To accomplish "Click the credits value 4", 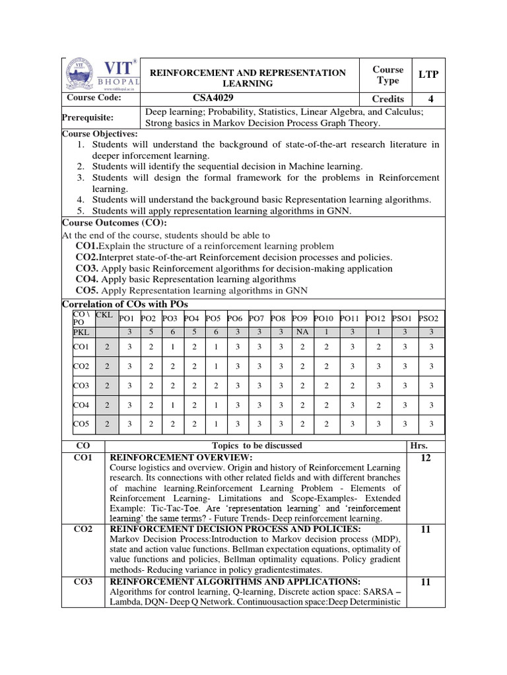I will coord(428,98).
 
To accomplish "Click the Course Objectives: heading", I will coord(100,134).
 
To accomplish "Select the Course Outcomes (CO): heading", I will coord(105,223).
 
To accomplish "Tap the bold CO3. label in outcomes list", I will coord(87,268).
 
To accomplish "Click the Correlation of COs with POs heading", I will coord(125,304).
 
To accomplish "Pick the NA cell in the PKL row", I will coord(301,332).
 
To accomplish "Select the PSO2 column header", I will coord(430,318).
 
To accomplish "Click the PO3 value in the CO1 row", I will coord(172,346).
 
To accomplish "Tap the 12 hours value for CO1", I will coord(426,458).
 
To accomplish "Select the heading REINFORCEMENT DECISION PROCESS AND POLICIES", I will coord(234,529).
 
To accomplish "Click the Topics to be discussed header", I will coord(257,446).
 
